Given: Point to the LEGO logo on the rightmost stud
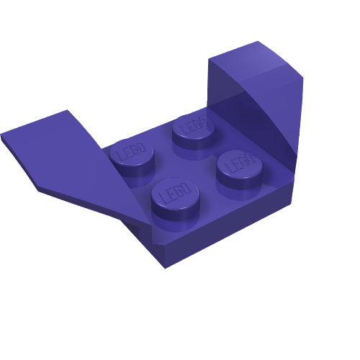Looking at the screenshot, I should [x=238, y=162].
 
